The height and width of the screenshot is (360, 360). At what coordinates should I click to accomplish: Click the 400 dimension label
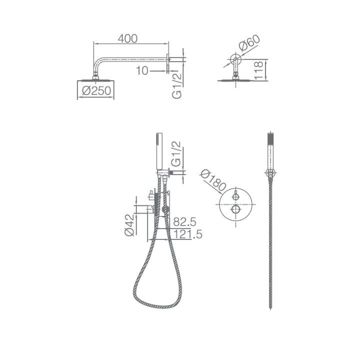(x=127, y=38)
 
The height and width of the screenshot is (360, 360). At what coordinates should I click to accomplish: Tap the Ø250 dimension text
(x=96, y=90)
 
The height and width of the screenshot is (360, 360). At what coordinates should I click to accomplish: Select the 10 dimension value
(x=142, y=70)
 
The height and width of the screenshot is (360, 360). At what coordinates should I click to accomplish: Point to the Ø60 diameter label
(x=249, y=42)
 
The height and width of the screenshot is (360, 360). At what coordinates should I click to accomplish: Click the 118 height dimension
(x=259, y=70)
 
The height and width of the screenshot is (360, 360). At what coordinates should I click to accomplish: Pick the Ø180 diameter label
(x=213, y=180)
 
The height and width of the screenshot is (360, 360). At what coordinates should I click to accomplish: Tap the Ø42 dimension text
(x=129, y=225)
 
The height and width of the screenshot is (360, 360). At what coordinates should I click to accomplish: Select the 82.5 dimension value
(x=185, y=222)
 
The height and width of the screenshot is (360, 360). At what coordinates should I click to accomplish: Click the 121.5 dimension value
(x=188, y=234)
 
